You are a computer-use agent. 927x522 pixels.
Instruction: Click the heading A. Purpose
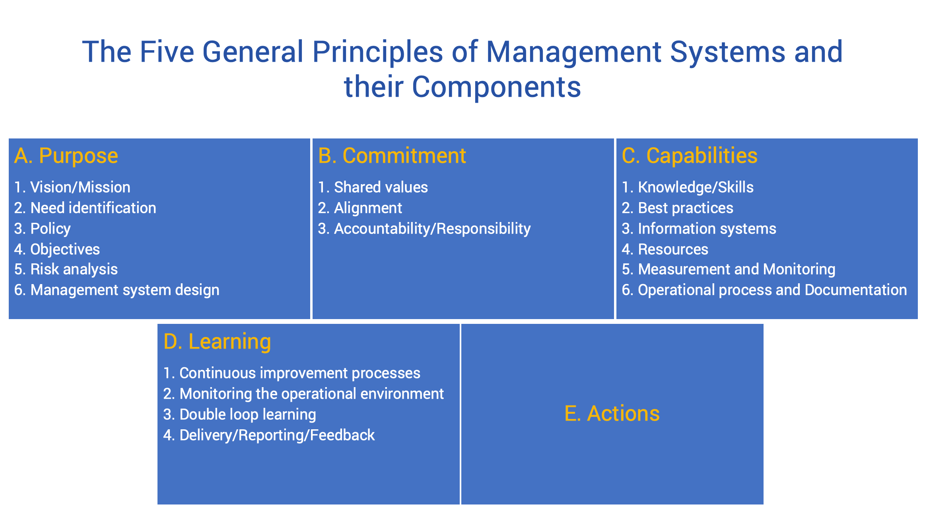66,156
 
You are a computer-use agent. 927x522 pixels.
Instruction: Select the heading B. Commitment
392,156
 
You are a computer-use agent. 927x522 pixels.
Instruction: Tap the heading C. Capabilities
689,156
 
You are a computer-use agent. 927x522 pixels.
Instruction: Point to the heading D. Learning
217,341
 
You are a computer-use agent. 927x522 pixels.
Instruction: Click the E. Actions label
612,413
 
